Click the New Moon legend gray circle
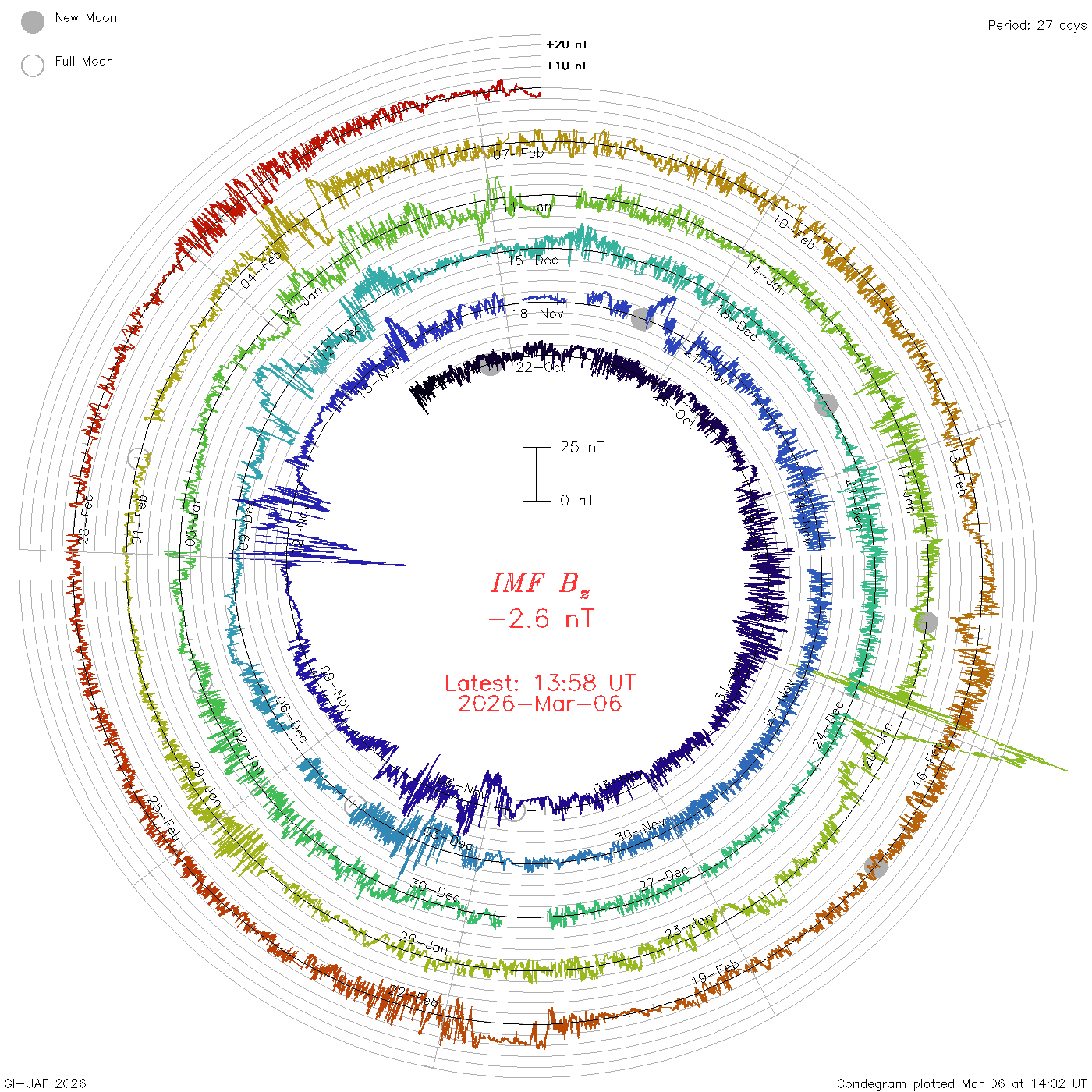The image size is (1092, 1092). coord(33,23)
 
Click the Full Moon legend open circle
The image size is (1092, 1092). coord(33,66)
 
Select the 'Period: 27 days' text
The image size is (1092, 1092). coord(1037,26)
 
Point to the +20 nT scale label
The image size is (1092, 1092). coord(566,44)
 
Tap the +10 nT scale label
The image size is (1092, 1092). coord(566,66)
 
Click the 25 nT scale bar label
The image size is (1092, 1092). coord(582,447)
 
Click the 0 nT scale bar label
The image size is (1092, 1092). coord(577,501)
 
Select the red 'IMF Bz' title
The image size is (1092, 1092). coord(540,583)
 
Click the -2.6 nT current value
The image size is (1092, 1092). coord(540,619)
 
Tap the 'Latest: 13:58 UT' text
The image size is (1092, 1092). coord(540,683)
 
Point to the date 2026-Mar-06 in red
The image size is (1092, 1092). coord(540,704)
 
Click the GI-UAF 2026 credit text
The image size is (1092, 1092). coord(45,1083)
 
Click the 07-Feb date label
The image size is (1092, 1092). coord(519,154)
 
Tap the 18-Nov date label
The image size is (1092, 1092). coord(538,314)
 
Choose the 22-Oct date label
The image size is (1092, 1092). coord(541,367)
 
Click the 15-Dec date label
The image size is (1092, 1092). coord(534,260)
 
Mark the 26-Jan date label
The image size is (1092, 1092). coord(424,943)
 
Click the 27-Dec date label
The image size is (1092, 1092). coord(664,878)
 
